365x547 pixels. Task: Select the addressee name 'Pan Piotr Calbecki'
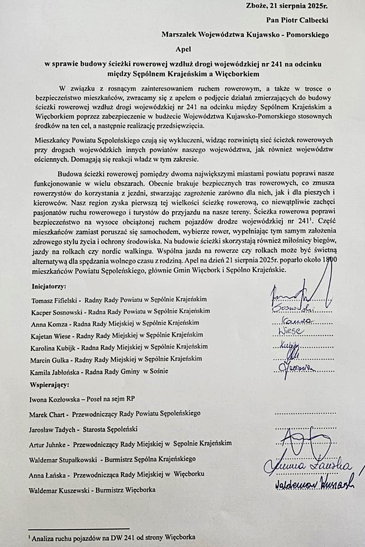(297, 20)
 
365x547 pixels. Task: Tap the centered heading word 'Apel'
(183, 49)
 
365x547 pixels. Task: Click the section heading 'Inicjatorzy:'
(49, 286)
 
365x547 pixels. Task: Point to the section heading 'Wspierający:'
(49, 384)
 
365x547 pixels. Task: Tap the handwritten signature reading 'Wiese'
(291, 331)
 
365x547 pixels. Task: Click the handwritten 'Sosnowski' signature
(293, 308)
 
